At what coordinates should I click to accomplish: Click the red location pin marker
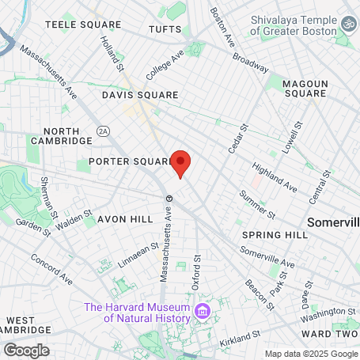coord(180,163)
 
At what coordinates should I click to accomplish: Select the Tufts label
coord(165,30)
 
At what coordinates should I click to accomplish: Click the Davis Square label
coord(140,95)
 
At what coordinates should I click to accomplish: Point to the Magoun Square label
coord(305,86)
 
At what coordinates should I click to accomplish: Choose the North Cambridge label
coord(62,135)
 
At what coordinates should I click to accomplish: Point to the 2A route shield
coord(103,131)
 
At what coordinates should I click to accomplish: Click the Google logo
coord(26,350)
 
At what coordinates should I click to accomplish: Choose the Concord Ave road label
coord(52,268)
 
